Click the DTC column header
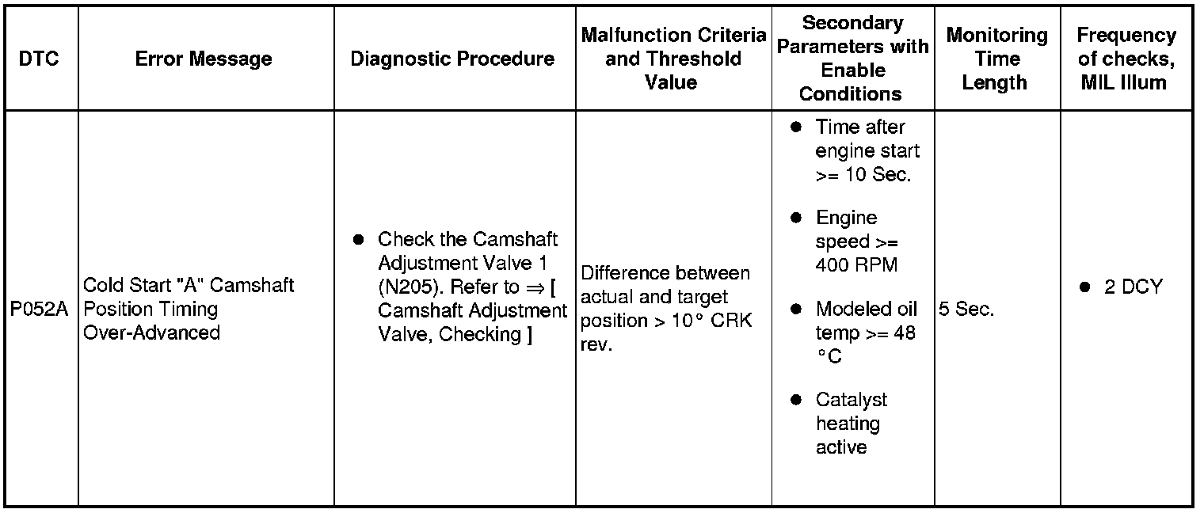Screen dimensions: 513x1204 (39, 59)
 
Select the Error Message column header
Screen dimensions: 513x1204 (204, 59)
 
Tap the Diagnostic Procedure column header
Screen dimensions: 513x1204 (452, 59)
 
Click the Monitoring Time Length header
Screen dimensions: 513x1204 (996, 59)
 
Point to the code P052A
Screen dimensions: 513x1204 (40, 309)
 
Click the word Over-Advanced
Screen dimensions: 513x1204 (151, 332)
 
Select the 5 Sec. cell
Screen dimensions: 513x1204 (966, 309)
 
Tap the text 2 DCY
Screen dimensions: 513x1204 (1134, 287)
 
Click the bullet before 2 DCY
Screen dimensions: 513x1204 (1085, 287)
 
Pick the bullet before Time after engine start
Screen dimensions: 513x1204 (797, 127)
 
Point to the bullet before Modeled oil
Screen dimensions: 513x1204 (797, 309)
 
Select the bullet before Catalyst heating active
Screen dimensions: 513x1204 (797, 400)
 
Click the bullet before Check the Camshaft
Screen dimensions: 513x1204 (358, 239)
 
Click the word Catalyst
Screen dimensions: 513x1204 (852, 400)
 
